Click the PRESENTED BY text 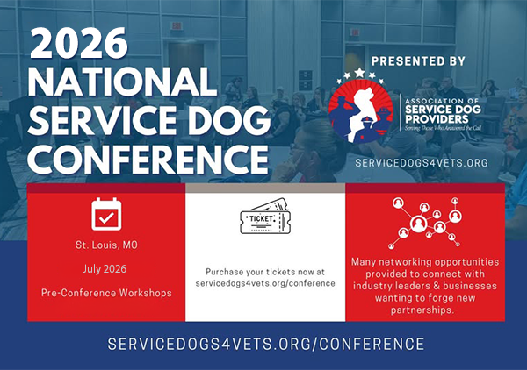(418, 61)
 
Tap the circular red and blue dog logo (361, 108)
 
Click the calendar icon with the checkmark (106, 214)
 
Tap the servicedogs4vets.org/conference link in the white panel (264, 284)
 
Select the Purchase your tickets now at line (264, 272)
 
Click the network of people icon (425, 221)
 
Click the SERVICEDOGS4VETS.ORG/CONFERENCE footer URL (264, 344)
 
